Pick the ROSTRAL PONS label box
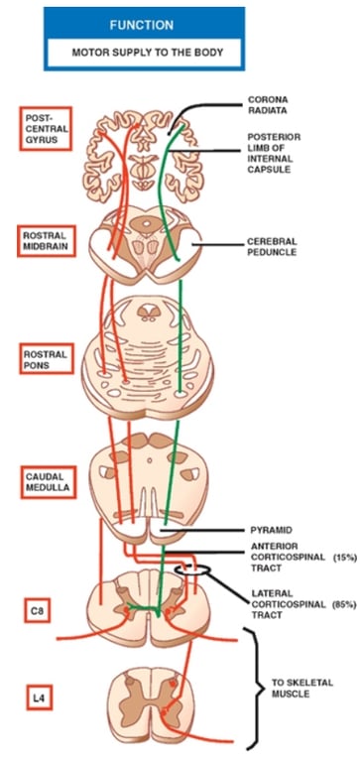point(47,356)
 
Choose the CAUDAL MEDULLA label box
point(47,481)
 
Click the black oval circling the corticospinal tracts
point(190,571)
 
